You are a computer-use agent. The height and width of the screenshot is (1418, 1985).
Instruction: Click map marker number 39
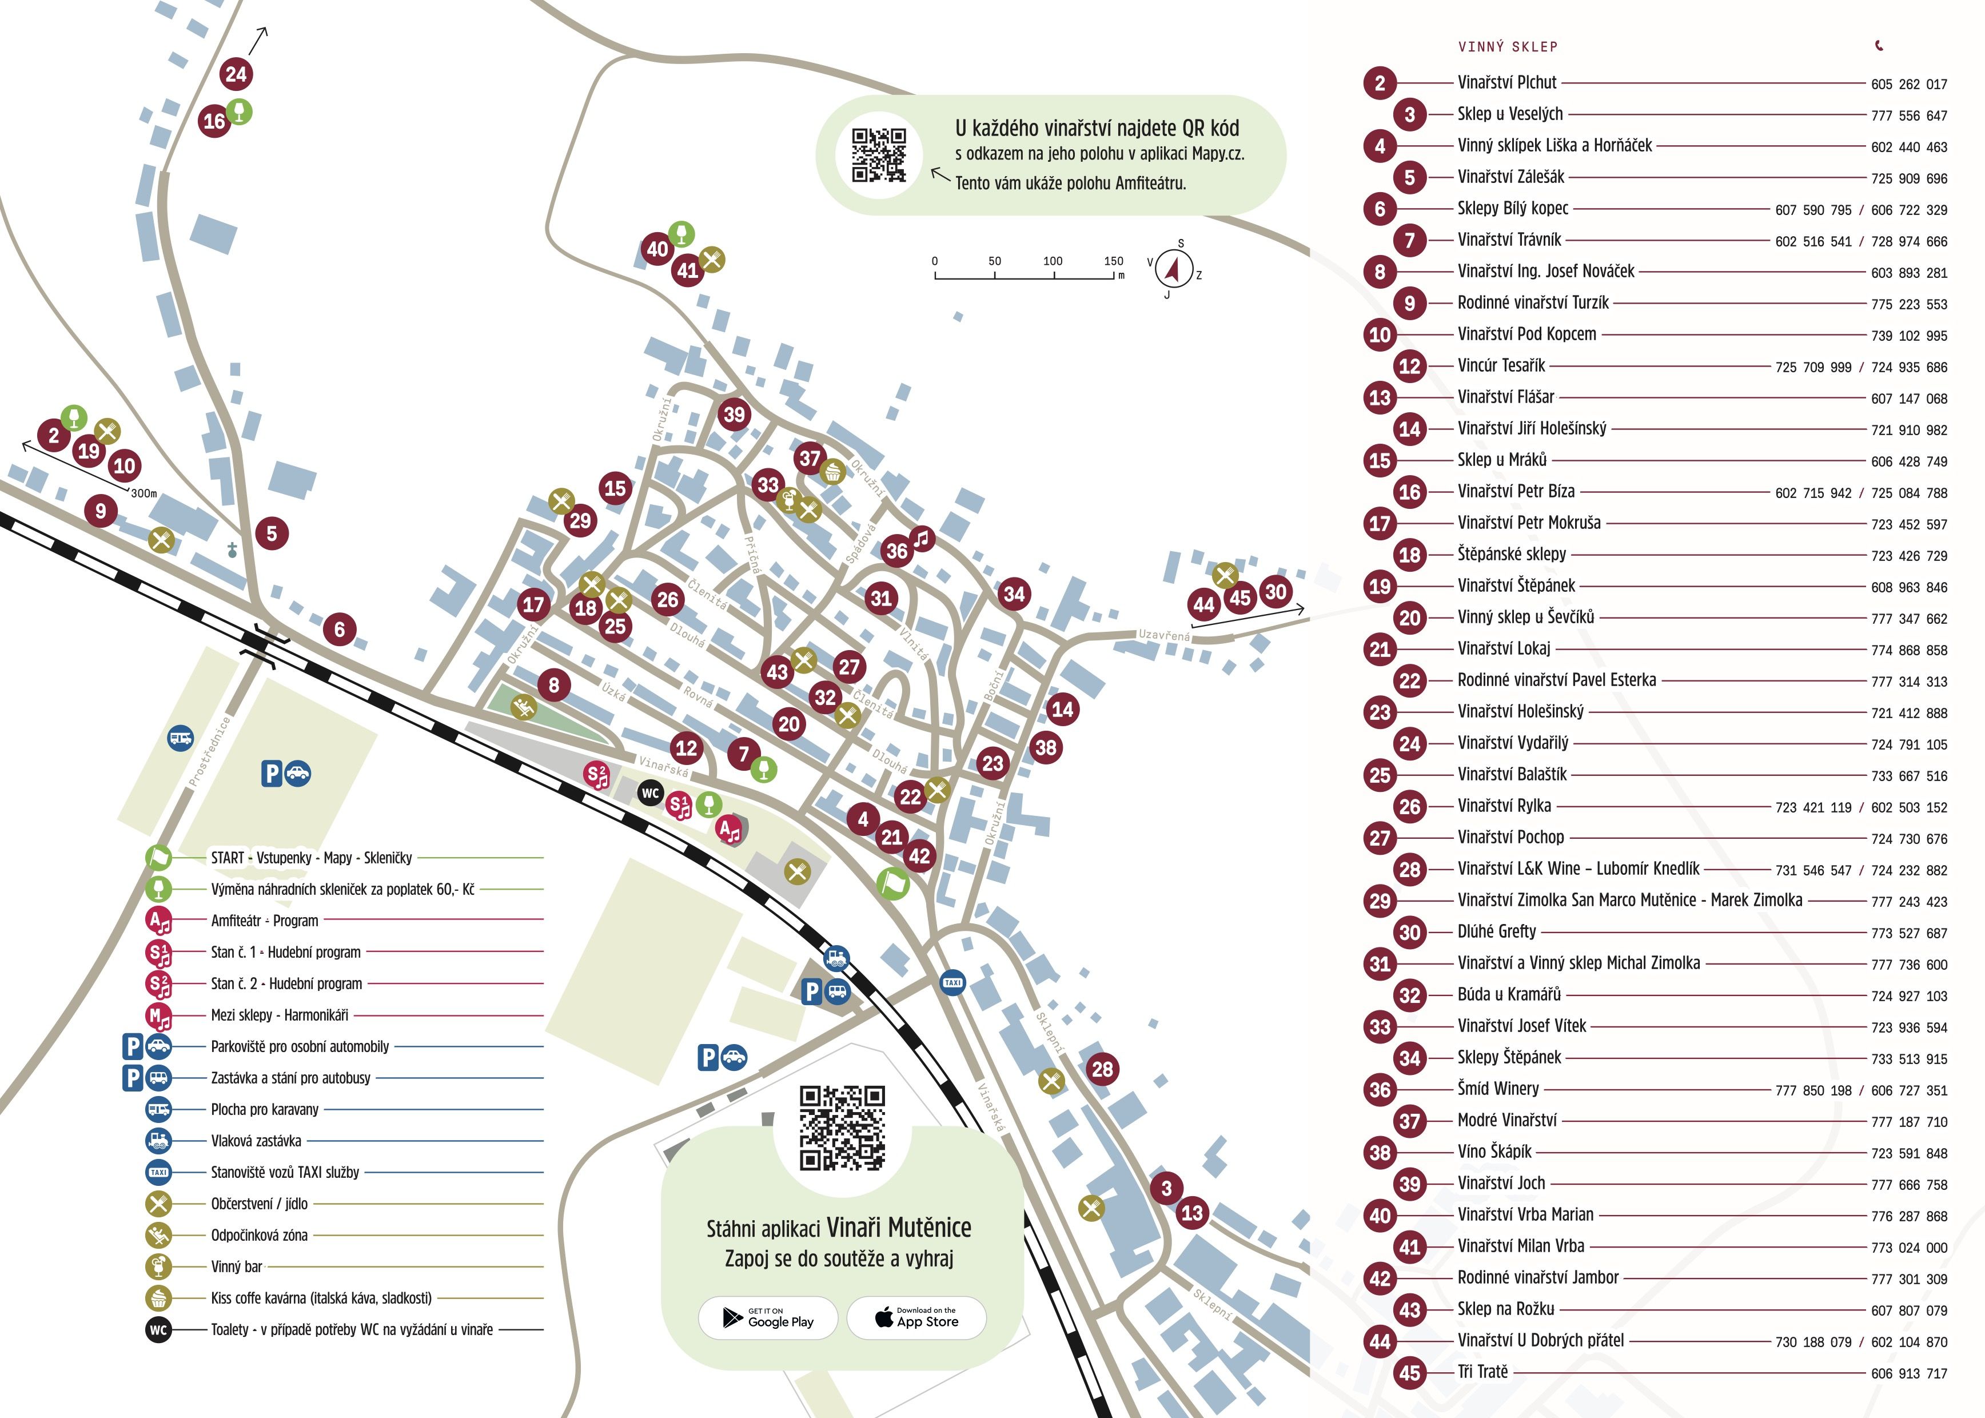point(734,414)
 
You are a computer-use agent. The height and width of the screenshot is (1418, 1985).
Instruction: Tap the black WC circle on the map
point(650,793)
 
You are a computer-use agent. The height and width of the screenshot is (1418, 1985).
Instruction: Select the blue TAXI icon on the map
point(952,982)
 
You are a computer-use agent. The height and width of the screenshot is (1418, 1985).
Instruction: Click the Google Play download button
point(768,1317)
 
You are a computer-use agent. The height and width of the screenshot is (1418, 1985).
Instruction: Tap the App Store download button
point(916,1317)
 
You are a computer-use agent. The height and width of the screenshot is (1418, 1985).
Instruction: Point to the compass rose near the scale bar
point(1174,269)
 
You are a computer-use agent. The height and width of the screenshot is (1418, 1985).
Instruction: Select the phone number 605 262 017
point(1908,85)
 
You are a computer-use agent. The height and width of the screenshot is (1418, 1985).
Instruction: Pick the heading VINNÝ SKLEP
point(1508,47)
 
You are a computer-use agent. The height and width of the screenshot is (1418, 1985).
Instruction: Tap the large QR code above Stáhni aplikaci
point(842,1127)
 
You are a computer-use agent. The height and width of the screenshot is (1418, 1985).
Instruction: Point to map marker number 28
point(1102,1069)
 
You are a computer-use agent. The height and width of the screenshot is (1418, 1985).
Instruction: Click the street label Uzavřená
point(1163,635)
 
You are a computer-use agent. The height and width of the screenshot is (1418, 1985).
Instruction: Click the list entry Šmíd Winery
point(1498,1089)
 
